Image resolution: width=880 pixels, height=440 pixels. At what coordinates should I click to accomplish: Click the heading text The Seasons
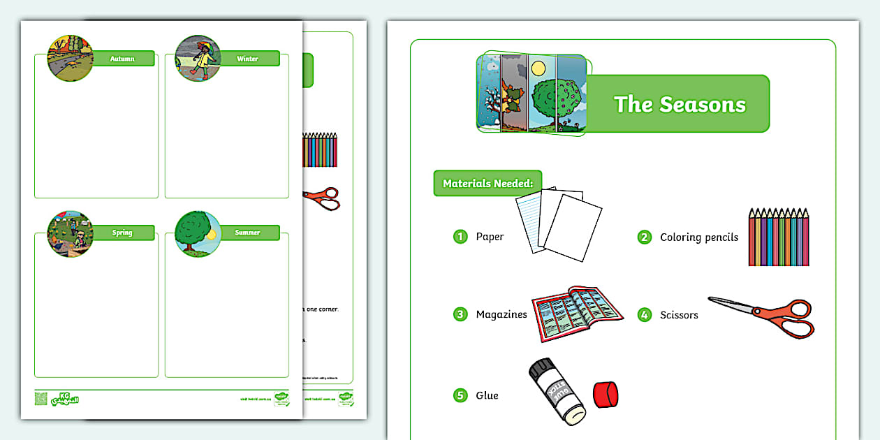coord(680,105)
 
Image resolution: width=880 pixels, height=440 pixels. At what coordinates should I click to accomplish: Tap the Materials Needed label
coord(487,184)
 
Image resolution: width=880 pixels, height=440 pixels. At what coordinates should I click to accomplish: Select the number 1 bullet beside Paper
coord(460,236)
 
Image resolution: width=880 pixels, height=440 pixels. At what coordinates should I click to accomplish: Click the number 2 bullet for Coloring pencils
coord(644,237)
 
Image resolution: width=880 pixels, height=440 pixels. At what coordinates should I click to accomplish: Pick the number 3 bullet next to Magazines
coord(460,314)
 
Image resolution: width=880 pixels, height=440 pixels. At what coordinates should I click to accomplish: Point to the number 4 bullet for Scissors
coord(644,315)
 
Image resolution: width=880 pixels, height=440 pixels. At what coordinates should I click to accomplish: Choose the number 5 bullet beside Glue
coord(460,395)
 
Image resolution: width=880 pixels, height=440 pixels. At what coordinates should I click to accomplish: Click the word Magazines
coord(501,315)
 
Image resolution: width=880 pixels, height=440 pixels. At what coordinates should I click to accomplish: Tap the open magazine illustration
coord(576,313)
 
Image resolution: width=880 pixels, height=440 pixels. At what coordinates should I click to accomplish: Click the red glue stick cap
coord(606,395)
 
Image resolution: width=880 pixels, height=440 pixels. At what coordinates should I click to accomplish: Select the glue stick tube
coord(557,394)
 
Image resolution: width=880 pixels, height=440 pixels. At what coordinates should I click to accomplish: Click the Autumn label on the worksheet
coord(122,59)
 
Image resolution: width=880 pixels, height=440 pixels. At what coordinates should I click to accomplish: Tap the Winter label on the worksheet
coord(248,59)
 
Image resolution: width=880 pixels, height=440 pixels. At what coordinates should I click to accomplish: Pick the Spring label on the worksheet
coord(122,233)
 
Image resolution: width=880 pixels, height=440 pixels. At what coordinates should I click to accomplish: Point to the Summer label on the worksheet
coord(248,233)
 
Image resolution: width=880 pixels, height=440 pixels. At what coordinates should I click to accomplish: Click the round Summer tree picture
coord(198,233)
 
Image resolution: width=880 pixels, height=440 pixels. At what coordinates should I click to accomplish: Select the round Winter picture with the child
coord(198,59)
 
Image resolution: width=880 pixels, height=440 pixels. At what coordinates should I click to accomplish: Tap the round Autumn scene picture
coord(70,59)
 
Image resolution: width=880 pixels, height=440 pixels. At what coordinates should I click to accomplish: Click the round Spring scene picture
coord(70,233)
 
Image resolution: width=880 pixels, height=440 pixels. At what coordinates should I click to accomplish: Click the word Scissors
coord(679,315)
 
